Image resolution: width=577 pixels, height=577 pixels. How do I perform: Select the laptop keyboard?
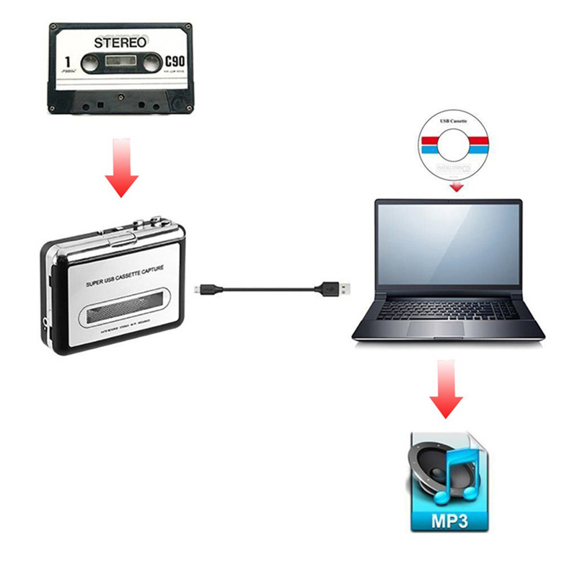[x=448, y=308]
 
